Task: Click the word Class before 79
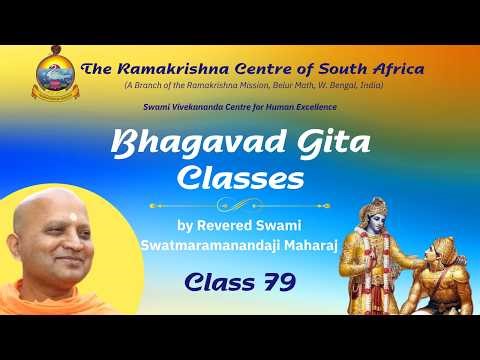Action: [216, 283]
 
